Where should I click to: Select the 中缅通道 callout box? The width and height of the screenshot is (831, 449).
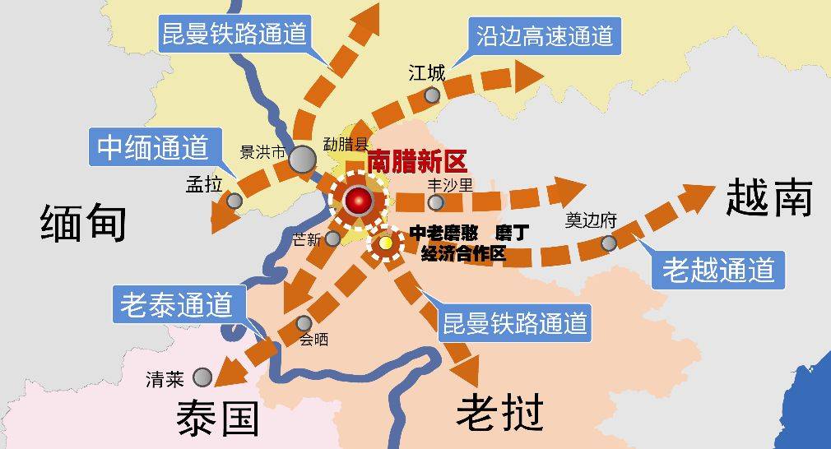(x=152, y=148)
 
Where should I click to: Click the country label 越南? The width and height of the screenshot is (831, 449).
(x=769, y=198)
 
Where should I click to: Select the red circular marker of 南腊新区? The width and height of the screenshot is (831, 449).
(x=359, y=200)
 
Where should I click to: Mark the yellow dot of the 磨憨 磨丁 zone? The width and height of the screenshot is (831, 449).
(x=385, y=243)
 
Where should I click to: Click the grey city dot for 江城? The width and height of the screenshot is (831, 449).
(x=432, y=95)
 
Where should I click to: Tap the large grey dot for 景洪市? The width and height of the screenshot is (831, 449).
(x=303, y=158)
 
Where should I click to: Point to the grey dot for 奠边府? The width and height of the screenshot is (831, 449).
(x=608, y=243)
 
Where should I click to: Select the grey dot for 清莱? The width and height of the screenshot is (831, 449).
(x=202, y=377)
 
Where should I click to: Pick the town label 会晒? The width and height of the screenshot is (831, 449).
(x=313, y=339)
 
